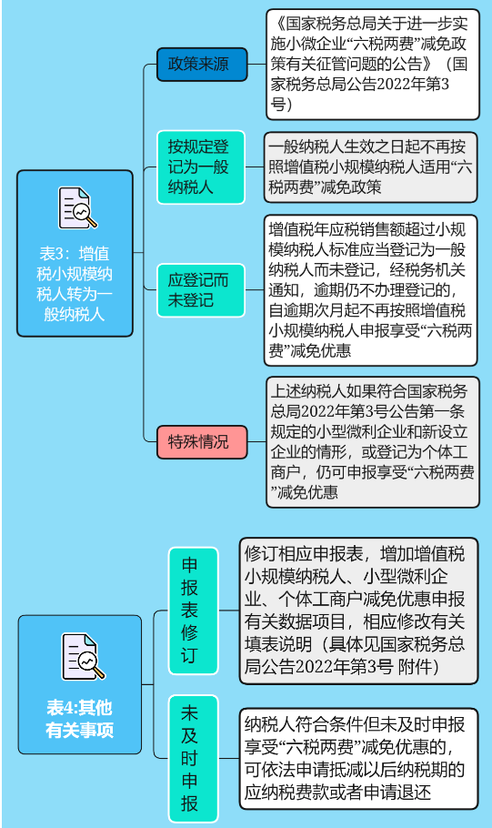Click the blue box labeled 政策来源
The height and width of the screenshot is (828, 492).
pyautogui.click(x=202, y=65)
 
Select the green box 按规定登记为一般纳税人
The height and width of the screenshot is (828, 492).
pyautogui.click(x=201, y=167)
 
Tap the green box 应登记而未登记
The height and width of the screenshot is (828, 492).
pyautogui.click(x=201, y=290)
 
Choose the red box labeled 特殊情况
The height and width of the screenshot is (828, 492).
pyautogui.click(x=202, y=441)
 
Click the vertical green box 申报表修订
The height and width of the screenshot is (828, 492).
pyautogui.click(x=193, y=611)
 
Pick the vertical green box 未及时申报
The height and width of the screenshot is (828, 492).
pyautogui.click(x=193, y=758)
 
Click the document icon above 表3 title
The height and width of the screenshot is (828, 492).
pyautogui.click(x=77, y=208)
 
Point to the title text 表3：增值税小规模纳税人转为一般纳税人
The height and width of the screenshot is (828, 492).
pyautogui.click(x=75, y=284)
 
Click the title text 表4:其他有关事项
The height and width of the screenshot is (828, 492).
pyautogui.click(x=80, y=719)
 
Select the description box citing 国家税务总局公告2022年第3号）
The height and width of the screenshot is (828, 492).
pyautogui.click(x=373, y=64)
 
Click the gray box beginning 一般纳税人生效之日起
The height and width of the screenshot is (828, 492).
pyautogui.click(x=370, y=167)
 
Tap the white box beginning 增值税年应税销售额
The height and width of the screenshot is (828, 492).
pyautogui.click(x=370, y=290)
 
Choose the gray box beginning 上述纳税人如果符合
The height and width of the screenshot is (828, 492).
pyautogui.click(x=373, y=442)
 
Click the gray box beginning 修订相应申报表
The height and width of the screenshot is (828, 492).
pyautogui.click(x=359, y=611)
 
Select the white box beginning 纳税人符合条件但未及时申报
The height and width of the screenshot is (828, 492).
pyautogui.click(x=359, y=758)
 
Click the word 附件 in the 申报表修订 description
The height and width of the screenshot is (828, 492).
pyautogui.click(x=416, y=666)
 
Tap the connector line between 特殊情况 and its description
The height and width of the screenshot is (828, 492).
pyautogui.click(x=256, y=441)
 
